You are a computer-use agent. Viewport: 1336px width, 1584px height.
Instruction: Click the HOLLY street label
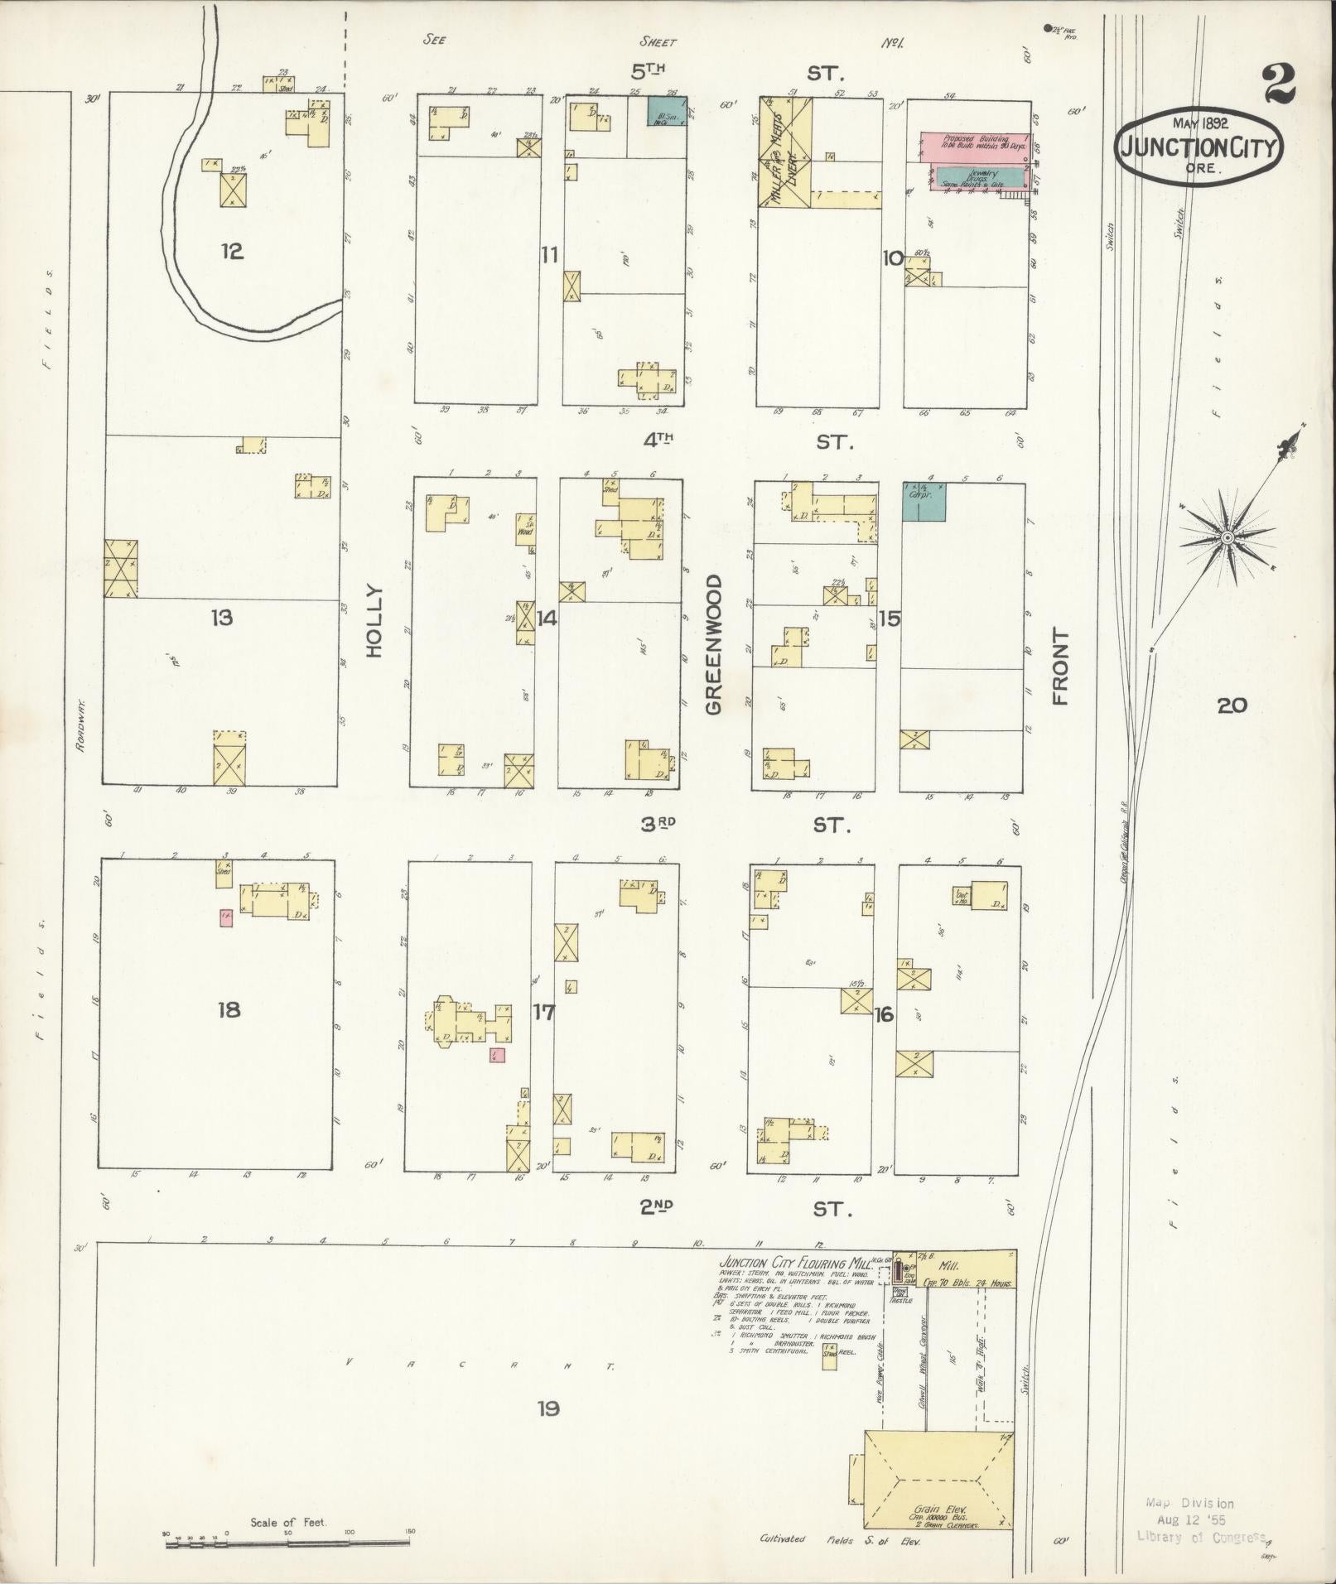point(375,621)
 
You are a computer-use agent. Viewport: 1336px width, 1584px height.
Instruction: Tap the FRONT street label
point(1060,666)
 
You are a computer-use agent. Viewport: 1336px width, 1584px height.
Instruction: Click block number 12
point(232,251)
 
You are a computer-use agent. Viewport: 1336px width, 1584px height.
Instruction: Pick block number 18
point(229,1009)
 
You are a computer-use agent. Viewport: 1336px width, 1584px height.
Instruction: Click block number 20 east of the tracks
point(1232,705)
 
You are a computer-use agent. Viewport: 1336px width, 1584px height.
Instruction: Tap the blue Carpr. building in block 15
point(924,502)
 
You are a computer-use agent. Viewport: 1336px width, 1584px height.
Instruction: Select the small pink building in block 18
point(225,917)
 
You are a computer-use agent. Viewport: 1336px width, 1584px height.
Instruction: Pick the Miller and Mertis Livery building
point(785,152)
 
